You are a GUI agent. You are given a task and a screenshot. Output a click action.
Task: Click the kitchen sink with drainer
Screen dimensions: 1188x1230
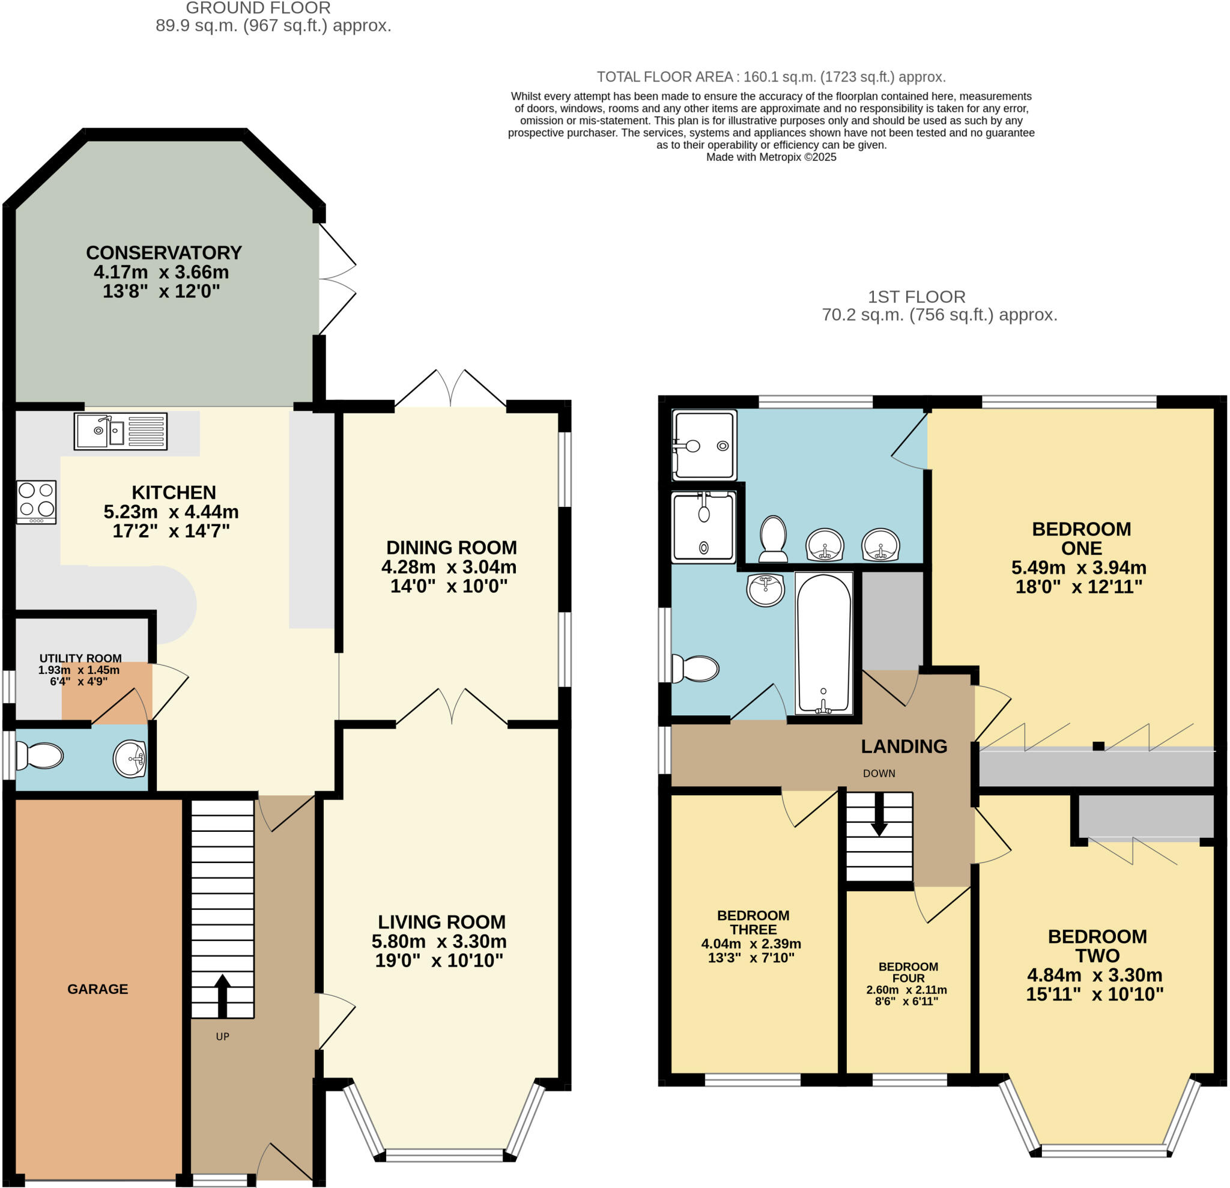click(x=121, y=431)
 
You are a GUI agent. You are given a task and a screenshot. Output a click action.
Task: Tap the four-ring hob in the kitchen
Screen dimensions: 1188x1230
click(x=37, y=502)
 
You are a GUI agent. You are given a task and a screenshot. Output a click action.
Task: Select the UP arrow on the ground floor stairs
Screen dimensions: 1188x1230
click(x=222, y=996)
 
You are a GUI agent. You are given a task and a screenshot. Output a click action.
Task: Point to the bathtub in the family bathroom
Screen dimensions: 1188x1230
click(x=823, y=643)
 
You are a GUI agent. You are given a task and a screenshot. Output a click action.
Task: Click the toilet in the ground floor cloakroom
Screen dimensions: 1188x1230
click(x=40, y=756)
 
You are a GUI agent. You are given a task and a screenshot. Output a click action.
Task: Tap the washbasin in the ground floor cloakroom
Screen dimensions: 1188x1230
click(x=130, y=758)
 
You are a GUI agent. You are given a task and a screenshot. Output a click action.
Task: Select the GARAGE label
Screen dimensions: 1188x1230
click(x=97, y=989)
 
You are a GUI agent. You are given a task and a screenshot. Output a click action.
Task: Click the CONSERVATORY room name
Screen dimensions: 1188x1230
click(x=164, y=252)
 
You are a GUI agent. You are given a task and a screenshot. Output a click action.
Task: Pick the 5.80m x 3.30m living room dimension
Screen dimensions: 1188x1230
click(x=439, y=941)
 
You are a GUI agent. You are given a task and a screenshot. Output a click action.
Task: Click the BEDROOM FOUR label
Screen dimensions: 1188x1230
click(x=908, y=972)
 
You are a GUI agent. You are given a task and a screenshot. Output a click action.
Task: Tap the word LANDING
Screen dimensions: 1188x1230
click(x=904, y=746)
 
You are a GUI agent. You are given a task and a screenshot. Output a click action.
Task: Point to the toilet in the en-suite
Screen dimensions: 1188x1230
click(x=773, y=539)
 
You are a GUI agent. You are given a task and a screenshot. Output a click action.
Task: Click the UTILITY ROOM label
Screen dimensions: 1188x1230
click(x=80, y=658)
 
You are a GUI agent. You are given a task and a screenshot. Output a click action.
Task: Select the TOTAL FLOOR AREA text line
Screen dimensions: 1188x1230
click(x=771, y=76)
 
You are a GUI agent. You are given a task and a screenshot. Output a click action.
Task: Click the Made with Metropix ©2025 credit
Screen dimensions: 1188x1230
click(x=771, y=157)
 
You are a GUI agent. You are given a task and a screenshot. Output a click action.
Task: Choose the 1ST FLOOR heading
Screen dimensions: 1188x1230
click(x=916, y=296)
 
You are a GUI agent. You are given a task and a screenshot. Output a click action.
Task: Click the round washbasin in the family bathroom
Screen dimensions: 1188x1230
click(x=766, y=589)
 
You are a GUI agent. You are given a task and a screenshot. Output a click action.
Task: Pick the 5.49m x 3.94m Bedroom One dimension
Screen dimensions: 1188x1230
click(x=1078, y=568)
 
